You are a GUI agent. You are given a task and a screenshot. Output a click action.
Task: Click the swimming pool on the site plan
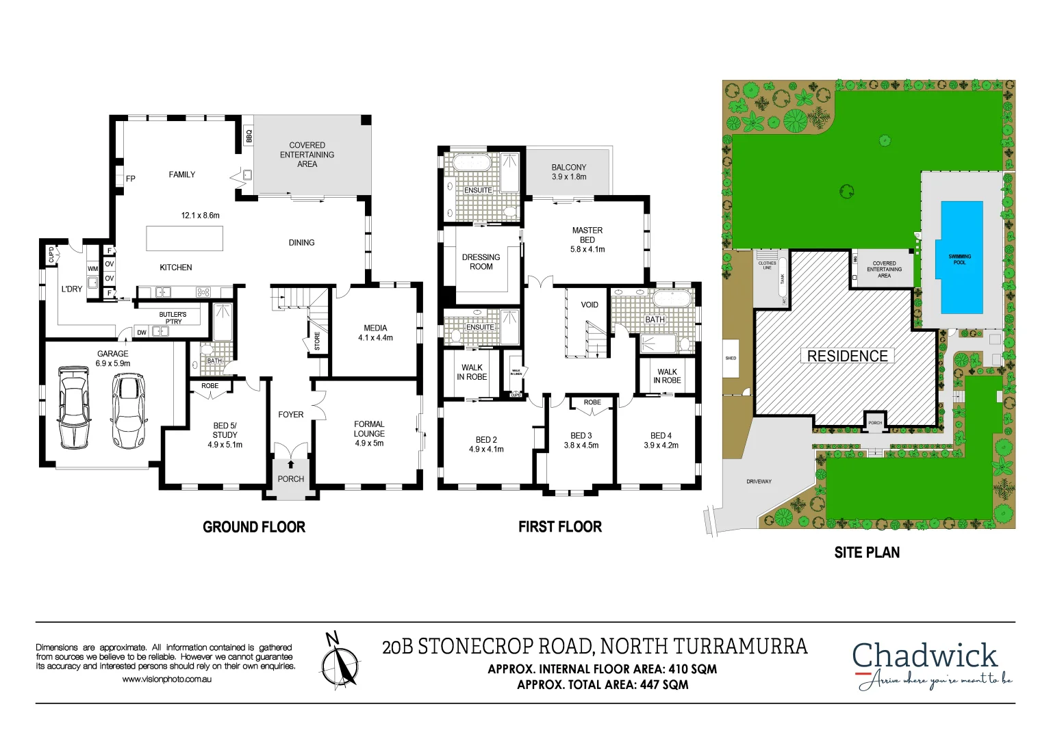coord(961,258)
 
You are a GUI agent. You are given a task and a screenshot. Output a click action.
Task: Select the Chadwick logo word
coord(924,656)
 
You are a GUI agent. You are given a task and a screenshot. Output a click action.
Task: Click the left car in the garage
coord(73,407)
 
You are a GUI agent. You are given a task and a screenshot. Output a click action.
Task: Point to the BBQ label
coord(249,135)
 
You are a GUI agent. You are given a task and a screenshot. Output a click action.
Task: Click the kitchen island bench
coord(184,238)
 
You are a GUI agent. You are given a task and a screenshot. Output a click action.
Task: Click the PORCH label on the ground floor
coord(291,479)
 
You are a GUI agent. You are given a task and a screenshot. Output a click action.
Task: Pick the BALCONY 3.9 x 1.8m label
coord(569,172)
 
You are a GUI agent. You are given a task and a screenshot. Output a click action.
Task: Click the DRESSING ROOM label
coord(481,261)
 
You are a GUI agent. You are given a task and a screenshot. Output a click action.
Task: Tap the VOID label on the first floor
coord(590,304)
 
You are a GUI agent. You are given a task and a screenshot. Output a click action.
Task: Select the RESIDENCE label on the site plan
coord(847,356)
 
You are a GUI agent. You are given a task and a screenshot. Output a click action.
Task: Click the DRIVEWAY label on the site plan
coord(759,482)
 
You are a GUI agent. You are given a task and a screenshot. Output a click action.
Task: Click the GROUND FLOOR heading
coord(254,527)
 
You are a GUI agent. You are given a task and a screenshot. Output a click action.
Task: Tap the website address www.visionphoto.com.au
coord(166,679)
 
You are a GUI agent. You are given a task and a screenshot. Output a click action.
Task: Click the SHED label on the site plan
coord(731,358)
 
